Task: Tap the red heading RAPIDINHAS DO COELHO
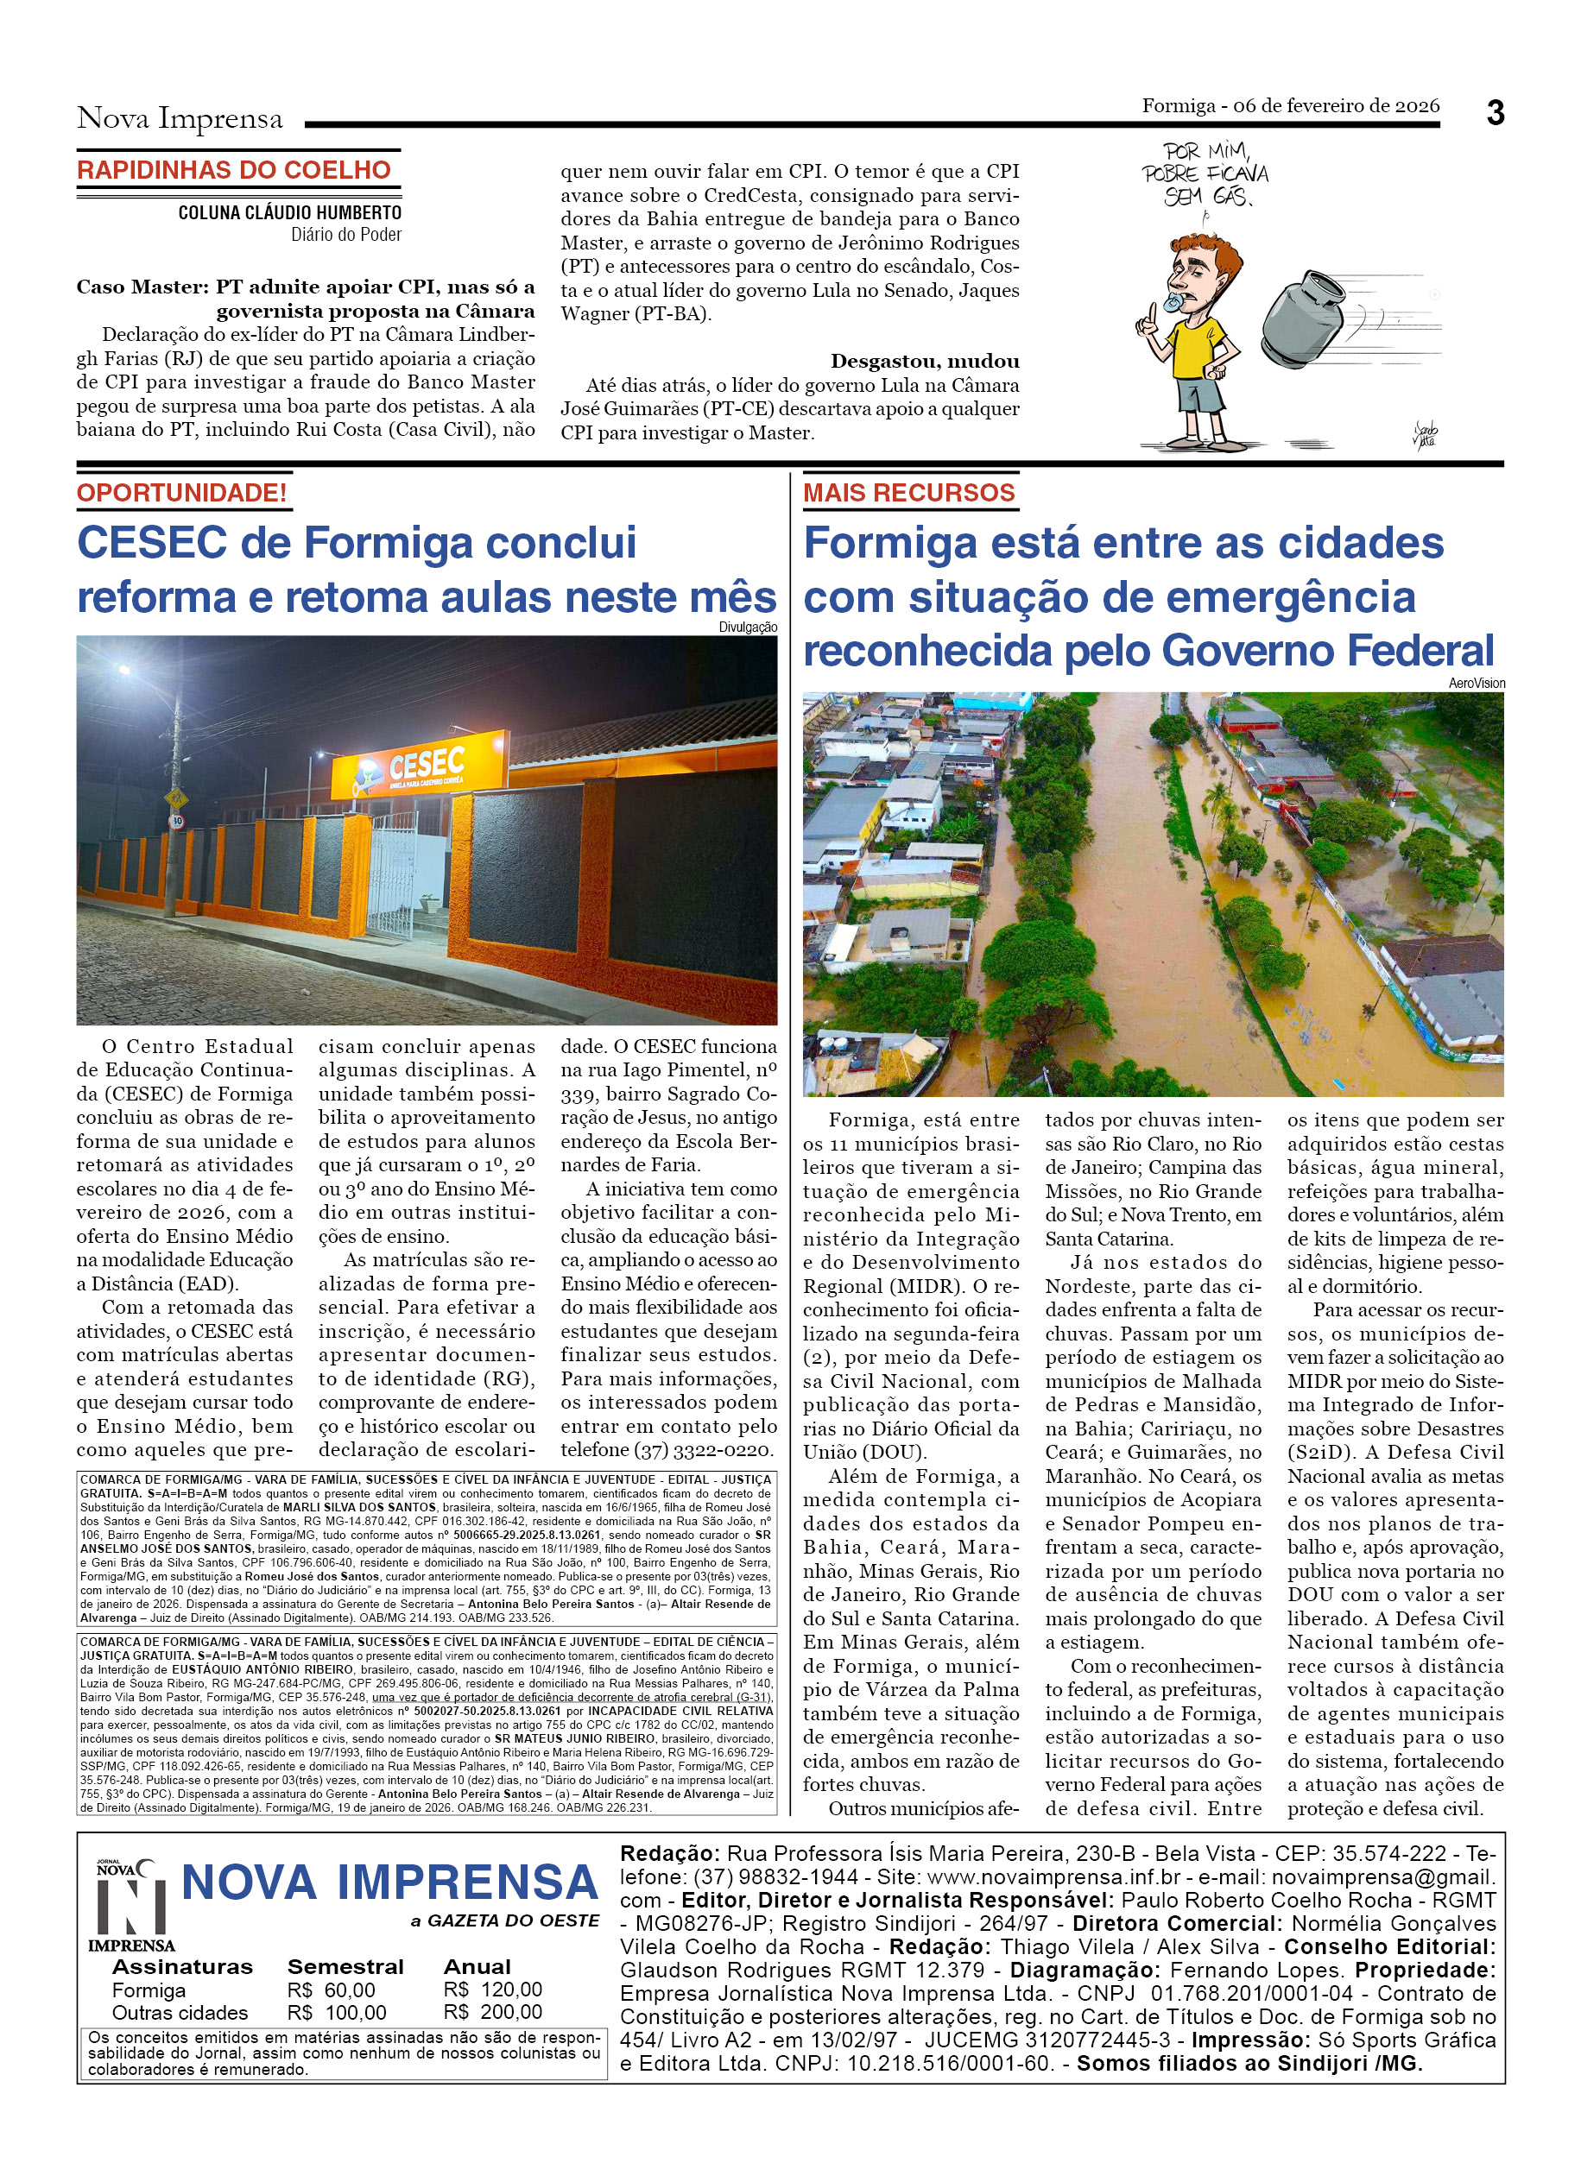[x=234, y=170]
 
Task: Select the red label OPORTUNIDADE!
[x=182, y=493]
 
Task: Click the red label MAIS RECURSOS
[x=908, y=493]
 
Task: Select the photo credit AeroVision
[x=1477, y=683]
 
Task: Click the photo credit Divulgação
[x=748, y=627]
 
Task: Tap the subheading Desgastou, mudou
[x=925, y=362]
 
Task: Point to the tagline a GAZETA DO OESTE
[x=504, y=1921]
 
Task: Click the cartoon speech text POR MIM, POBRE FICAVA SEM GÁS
[x=1205, y=174]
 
